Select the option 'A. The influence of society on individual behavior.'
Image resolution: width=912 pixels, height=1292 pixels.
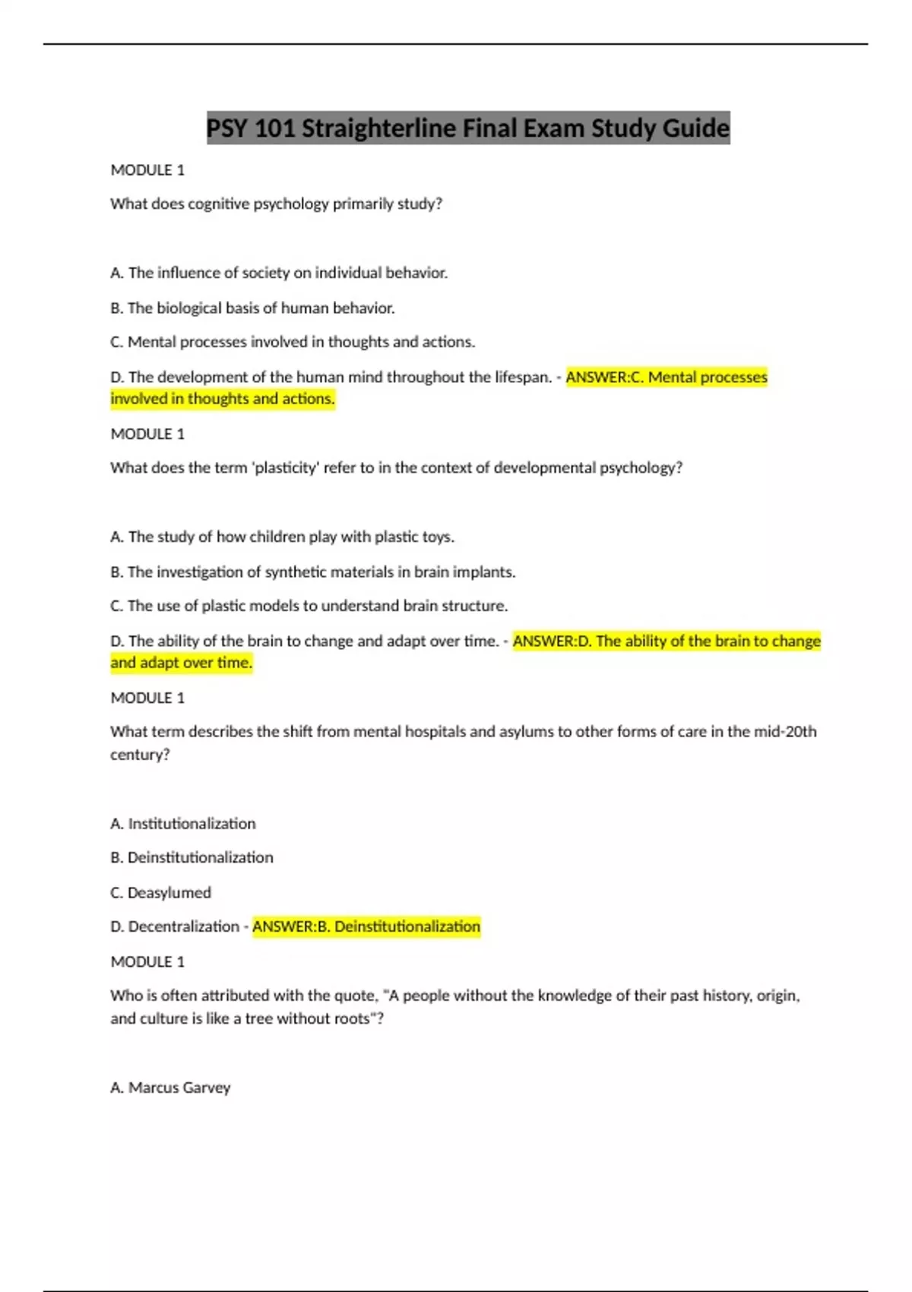coord(279,273)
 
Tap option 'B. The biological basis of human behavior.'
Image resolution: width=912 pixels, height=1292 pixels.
coord(252,308)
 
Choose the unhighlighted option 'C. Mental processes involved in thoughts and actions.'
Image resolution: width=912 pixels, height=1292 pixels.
coord(293,342)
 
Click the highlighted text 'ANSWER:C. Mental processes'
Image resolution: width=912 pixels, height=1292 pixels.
coord(667,377)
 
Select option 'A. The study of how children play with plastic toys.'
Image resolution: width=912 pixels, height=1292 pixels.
coord(282,537)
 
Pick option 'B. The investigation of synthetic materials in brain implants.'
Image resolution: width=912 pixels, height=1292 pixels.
coord(312,572)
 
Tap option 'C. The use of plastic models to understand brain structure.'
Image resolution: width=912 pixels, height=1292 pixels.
coord(309,606)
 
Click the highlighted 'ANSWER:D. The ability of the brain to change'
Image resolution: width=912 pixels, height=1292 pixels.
coord(667,641)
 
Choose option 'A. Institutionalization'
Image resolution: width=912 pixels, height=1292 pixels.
coord(182,824)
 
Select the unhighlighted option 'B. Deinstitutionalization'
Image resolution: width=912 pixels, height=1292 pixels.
coord(192,857)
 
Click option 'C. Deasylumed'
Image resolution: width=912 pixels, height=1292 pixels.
coord(160,892)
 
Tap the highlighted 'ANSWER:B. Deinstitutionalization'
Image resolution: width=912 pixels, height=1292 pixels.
coord(366,926)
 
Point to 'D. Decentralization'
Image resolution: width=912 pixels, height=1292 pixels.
coord(175,926)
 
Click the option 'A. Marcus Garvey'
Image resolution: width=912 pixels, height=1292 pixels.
coord(170,1088)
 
